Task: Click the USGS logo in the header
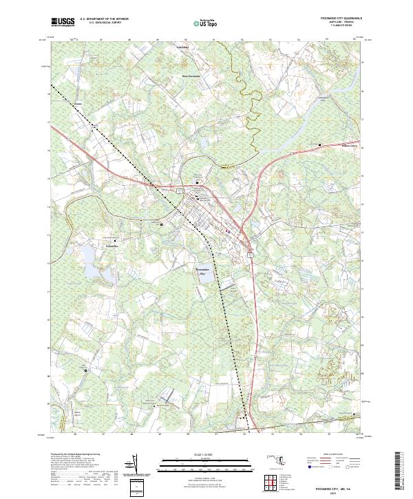[x=63, y=22]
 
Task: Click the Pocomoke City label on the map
[x=202, y=271]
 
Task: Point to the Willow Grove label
[x=332, y=145]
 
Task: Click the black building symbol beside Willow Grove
[x=320, y=144]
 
